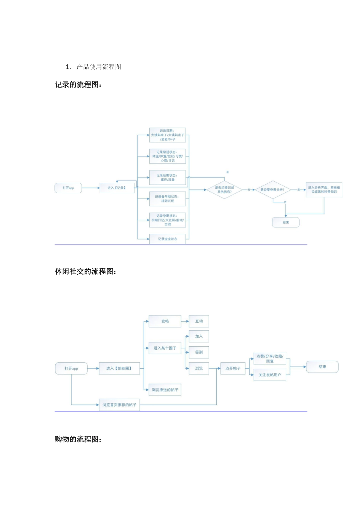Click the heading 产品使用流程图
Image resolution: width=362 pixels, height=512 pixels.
point(99,67)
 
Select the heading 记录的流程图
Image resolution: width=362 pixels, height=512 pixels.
point(78,85)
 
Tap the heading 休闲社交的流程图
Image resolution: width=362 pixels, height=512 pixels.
point(86,272)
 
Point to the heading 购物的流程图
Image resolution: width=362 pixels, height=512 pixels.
point(78,439)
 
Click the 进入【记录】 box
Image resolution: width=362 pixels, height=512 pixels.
point(117,188)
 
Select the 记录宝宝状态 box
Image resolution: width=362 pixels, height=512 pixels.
point(167,239)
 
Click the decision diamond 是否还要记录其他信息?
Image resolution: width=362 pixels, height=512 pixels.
point(224,190)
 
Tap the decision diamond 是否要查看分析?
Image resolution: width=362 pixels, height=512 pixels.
point(272,190)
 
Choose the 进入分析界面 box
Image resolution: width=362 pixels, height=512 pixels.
point(324,189)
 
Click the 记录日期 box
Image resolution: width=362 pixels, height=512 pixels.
point(167,135)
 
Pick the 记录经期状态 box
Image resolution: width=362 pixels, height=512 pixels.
point(167,178)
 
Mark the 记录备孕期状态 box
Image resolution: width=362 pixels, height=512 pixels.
point(167,199)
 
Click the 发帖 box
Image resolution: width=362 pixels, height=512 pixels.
point(165,321)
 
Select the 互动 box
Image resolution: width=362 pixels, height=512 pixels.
point(199,321)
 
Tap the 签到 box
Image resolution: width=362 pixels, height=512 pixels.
point(199,352)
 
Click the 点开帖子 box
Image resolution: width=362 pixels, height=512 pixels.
point(233,368)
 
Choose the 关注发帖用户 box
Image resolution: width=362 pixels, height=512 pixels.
point(270,375)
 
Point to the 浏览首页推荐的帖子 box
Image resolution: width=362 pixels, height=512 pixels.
point(119,405)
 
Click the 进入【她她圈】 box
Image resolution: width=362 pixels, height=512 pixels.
point(119,368)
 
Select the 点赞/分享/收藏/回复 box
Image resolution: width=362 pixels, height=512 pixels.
point(270,358)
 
